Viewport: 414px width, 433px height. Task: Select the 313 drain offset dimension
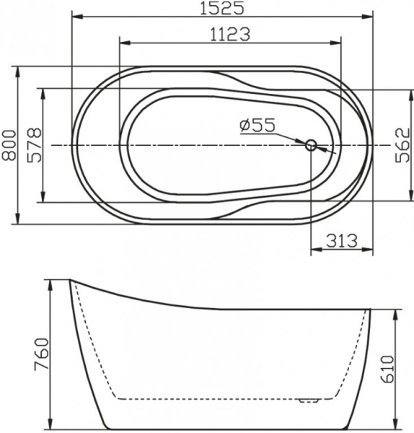(x=341, y=242)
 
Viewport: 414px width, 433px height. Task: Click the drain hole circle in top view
(x=312, y=145)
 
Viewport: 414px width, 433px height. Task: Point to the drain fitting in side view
(x=310, y=398)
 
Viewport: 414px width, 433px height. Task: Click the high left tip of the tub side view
(x=70, y=281)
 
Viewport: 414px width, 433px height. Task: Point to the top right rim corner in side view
(x=370, y=310)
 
